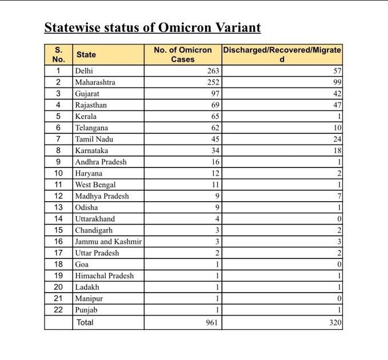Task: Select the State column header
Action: pyautogui.click(x=86, y=55)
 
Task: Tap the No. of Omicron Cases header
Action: pyautogui.click(x=183, y=55)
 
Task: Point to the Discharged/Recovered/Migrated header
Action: pyautogui.click(x=282, y=55)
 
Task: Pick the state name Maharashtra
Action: pyautogui.click(x=95, y=82)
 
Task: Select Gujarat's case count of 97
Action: pyautogui.click(x=214, y=94)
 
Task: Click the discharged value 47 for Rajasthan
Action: pyautogui.click(x=337, y=105)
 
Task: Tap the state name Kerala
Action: pyautogui.click(x=86, y=117)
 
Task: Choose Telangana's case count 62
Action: pyautogui.click(x=214, y=128)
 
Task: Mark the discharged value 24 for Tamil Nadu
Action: pyautogui.click(x=337, y=139)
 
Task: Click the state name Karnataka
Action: pyautogui.click(x=91, y=150)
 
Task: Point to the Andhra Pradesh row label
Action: pyautogui.click(x=101, y=162)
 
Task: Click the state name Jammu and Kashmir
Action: pyautogui.click(x=108, y=242)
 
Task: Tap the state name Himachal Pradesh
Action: pyautogui.click(x=105, y=275)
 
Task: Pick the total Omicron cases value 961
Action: pyautogui.click(x=212, y=322)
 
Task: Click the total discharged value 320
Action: pyautogui.click(x=335, y=322)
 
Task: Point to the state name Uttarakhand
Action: pyautogui.click(x=95, y=219)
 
